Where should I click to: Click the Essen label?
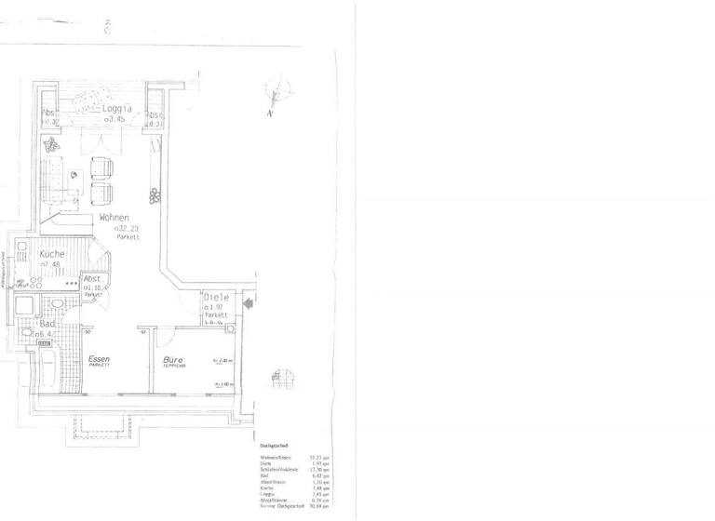coord(99,359)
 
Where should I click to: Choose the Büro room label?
coord(172,359)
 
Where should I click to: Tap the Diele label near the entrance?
coord(216,298)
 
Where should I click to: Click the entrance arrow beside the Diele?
coord(248,301)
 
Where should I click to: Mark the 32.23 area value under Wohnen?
coord(127,228)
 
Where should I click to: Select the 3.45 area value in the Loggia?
coord(115,119)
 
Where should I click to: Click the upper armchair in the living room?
coord(101,169)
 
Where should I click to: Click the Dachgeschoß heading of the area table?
coord(276,445)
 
